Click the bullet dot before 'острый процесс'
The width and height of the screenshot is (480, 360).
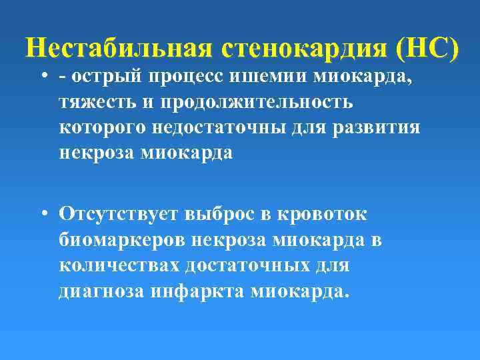42,78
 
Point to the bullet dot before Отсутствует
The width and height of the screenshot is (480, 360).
42,214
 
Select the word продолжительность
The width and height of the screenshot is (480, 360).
260,103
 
